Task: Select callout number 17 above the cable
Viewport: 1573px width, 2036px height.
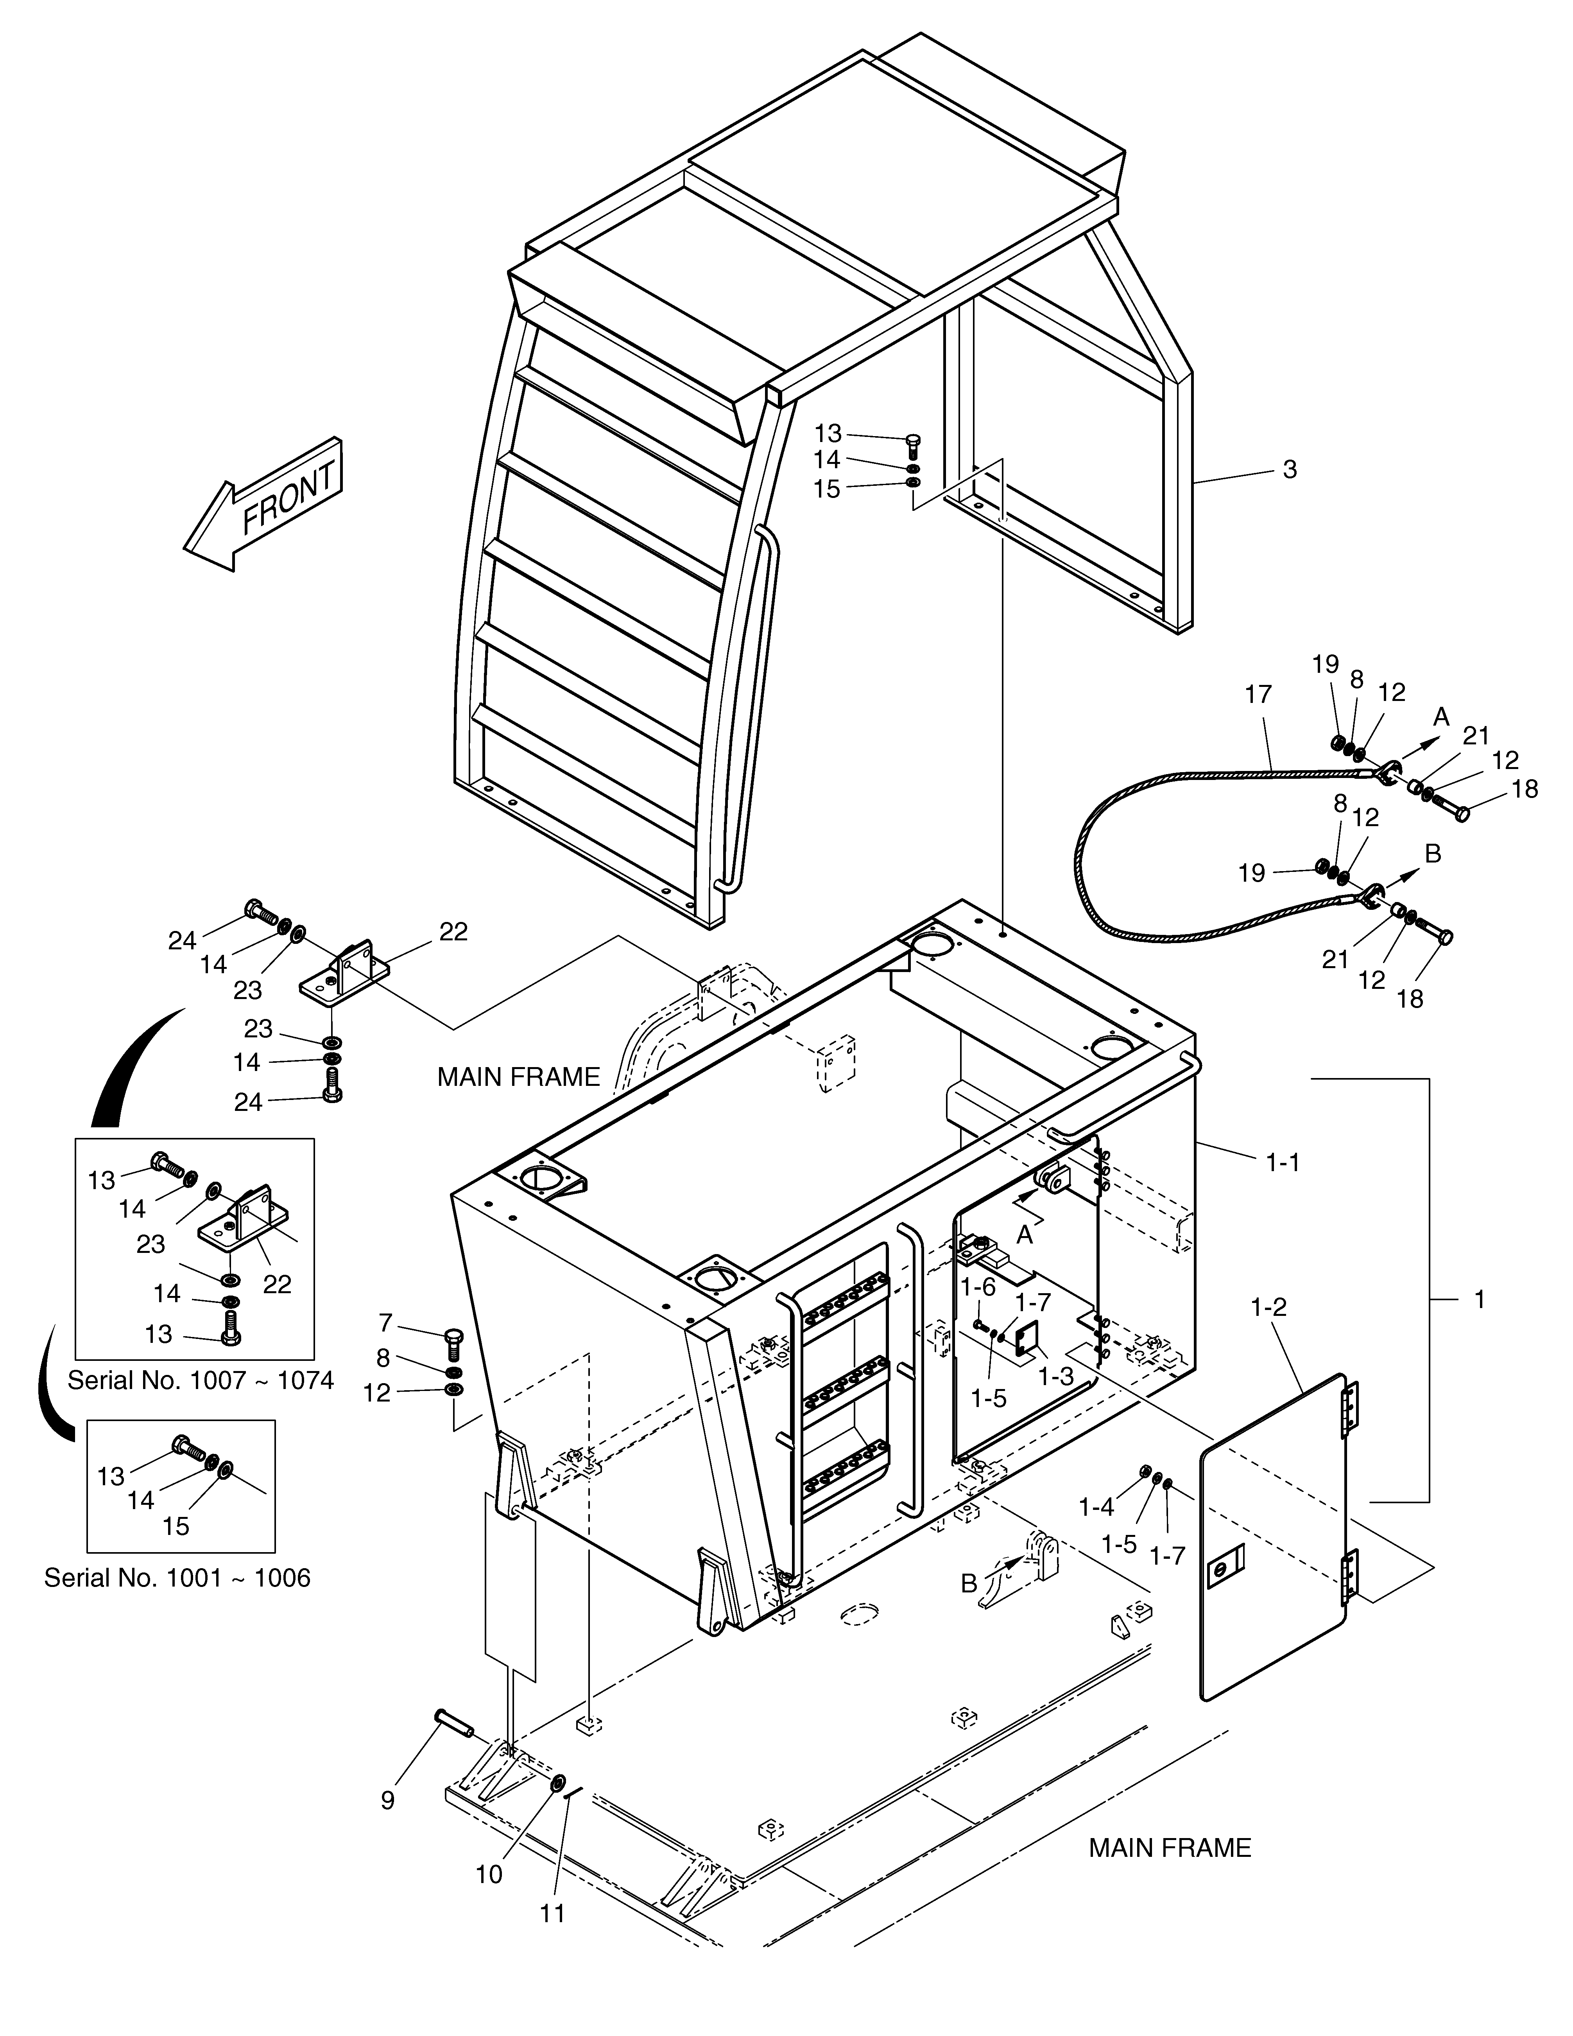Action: coord(1258,695)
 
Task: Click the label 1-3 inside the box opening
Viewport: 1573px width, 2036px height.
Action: coord(1056,1376)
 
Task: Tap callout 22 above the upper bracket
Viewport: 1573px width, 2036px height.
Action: coord(454,931)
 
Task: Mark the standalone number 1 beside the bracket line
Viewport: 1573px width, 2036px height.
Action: coord(1479,1299)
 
